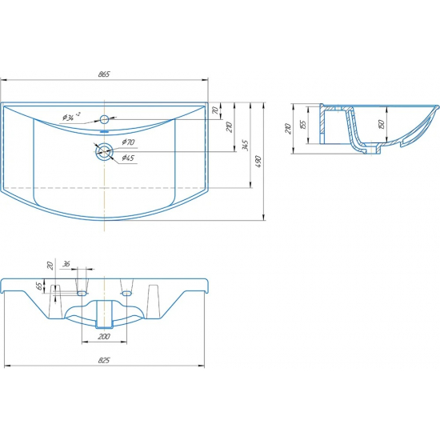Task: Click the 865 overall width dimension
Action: click(104, 74)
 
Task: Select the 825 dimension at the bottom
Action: click(104, 360)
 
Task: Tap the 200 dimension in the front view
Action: click(104, 336)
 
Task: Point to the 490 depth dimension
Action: click(258, 162)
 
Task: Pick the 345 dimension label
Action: click(245, 146)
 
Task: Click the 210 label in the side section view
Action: click(288, 129)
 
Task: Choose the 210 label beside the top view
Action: click(230, 127)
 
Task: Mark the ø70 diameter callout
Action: click(129, 142)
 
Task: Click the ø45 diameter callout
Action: click(128, 158)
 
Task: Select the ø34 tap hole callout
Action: click(71, 116)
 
